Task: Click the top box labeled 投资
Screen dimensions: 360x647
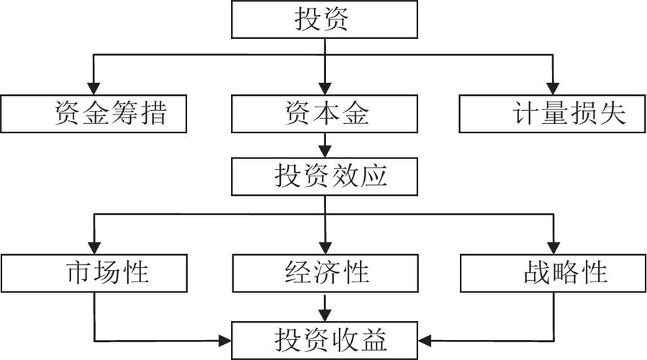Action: pos(323,19)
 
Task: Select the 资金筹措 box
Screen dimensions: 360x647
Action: pos(94,114)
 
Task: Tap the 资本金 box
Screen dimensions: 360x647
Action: pos(323,114)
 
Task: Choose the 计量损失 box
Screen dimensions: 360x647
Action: pos(553,114)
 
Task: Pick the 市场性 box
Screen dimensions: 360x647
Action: pos(94,273)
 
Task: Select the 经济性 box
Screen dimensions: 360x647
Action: pos(323,273)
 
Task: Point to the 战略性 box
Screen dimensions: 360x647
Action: pos(553,273)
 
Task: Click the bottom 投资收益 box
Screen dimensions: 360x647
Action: pos(323,337)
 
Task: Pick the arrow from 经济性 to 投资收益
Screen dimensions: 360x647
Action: pos(324,305)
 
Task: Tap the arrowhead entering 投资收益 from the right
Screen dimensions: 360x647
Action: pos(424,338)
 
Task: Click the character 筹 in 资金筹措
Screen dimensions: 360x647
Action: pos(126,114)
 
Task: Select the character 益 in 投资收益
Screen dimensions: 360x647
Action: pos(375,337)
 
